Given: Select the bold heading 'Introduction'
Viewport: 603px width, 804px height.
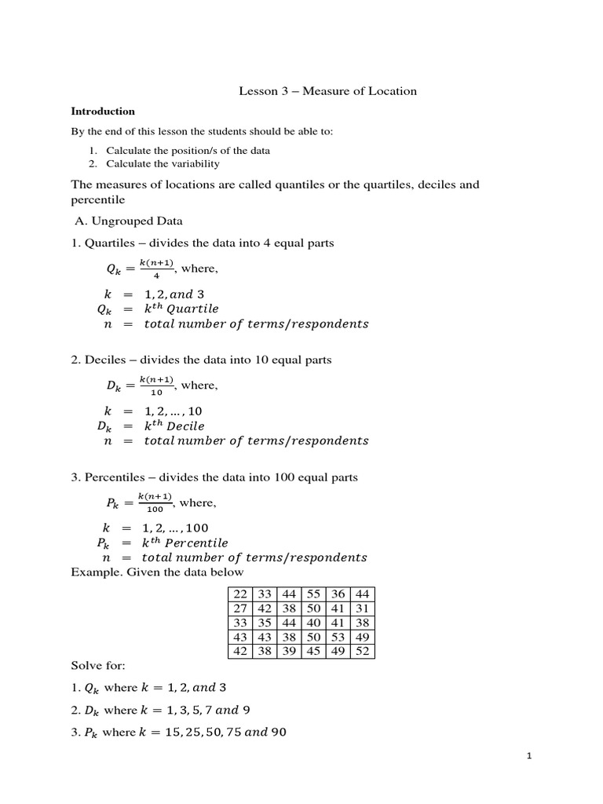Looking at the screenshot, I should point(103,111).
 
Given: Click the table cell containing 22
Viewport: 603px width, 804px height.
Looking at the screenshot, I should point(240,594).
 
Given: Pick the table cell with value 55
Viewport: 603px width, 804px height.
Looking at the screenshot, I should point(313,594).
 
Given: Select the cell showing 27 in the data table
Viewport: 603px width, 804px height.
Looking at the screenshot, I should point(240,608).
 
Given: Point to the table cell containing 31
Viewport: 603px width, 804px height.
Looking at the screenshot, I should point(362,608).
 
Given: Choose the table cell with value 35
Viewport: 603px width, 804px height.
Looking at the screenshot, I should point(265,623).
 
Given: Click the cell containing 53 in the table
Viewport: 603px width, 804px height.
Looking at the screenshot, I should point(338,637).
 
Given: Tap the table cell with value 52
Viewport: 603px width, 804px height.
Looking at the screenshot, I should point(362,651).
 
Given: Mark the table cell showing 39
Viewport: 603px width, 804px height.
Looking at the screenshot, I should point(289,651).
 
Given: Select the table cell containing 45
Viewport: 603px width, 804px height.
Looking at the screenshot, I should point(313,651).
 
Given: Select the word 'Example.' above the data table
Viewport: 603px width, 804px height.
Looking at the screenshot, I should point(93,572).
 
